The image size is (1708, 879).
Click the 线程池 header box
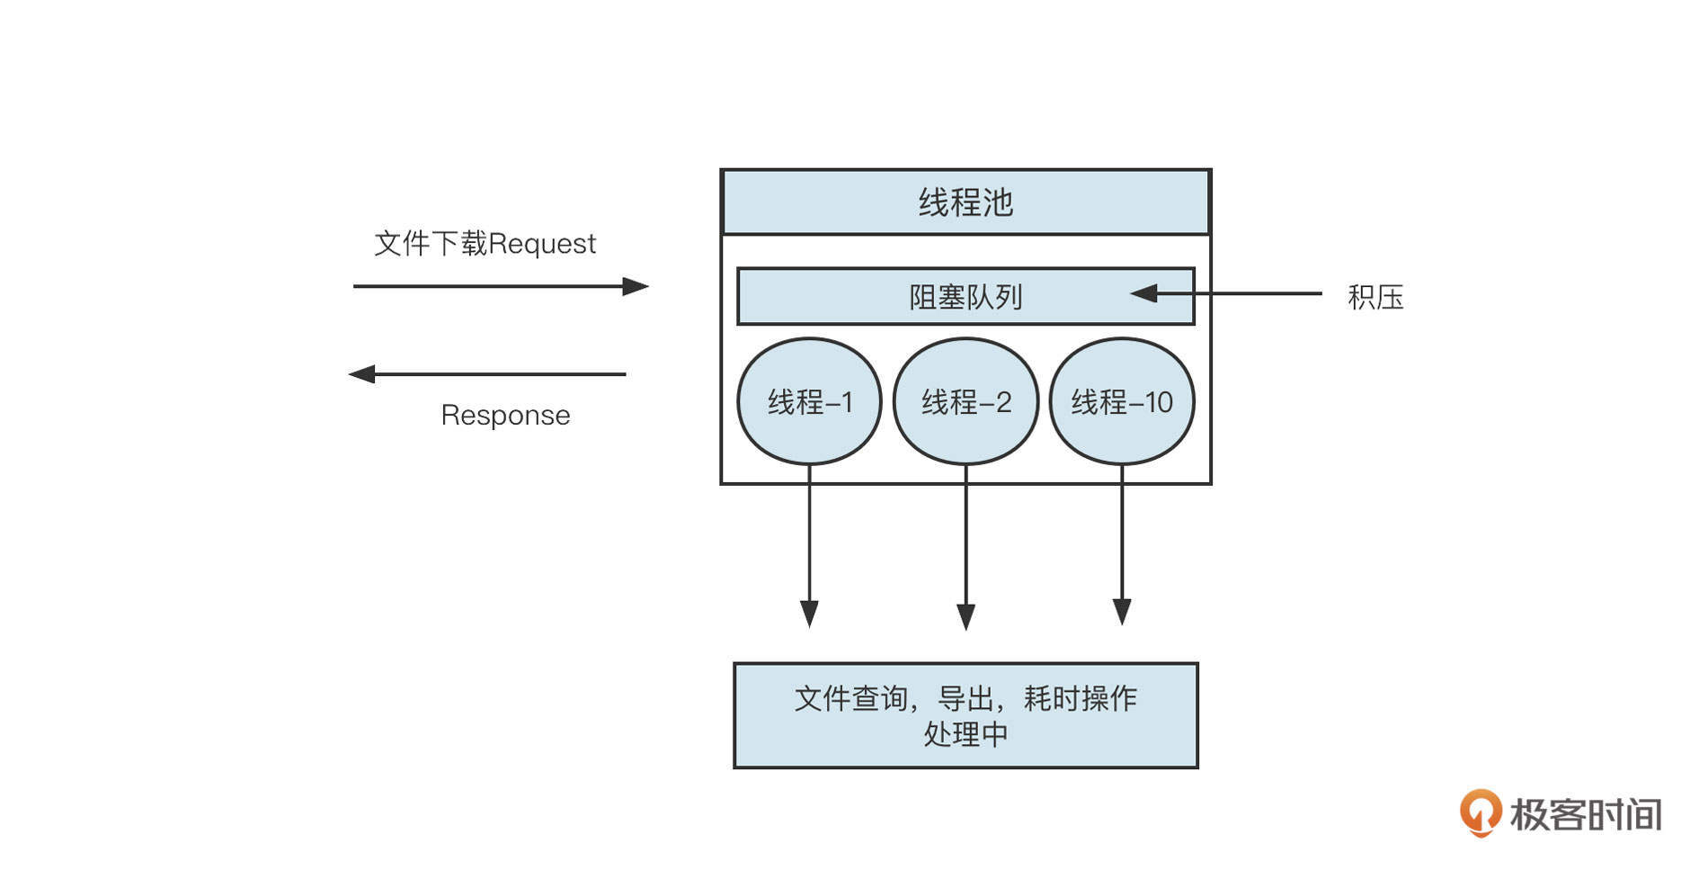tap(965, 202)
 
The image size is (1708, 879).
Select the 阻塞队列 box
tap(965, 297)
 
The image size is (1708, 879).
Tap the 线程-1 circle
tap(809, 401)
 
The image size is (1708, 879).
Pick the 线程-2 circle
tap(965, 401)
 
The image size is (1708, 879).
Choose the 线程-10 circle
tap(1122, 401)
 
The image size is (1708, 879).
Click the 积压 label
tap(1375, 297)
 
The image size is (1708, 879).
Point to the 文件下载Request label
tap(485, 243)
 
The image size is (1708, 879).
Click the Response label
tap(505, 415)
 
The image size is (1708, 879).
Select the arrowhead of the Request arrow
tap(636, 286)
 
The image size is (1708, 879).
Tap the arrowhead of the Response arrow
tap(361, 373)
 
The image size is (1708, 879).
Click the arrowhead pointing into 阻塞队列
tap(1143, 293)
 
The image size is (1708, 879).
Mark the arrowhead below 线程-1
tap(809, 614)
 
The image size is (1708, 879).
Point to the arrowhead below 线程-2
tap(965, 616)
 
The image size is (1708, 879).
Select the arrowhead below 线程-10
tap(1122, 612)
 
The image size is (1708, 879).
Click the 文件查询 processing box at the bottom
tap(965, 715)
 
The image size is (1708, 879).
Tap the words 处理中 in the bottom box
tap(965, 734)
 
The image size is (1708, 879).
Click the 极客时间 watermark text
tap(1586, 814)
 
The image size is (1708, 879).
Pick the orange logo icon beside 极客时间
tap(1480, 812)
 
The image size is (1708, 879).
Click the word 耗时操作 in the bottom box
tap(1081, 698)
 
